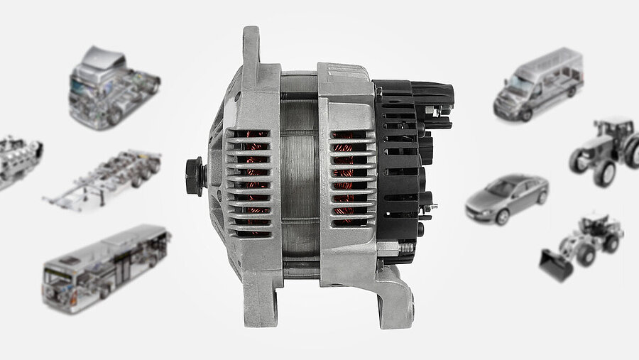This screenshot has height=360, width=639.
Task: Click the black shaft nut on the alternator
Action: click(x=194, y=170)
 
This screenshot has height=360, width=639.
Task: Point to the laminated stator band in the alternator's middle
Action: click(x=299, y=178)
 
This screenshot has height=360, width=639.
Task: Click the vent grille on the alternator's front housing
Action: click(x=248, y=182)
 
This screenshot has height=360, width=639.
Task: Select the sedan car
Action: click(x=506, y=198)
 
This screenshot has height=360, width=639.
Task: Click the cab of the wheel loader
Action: click(x=595, y=226)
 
